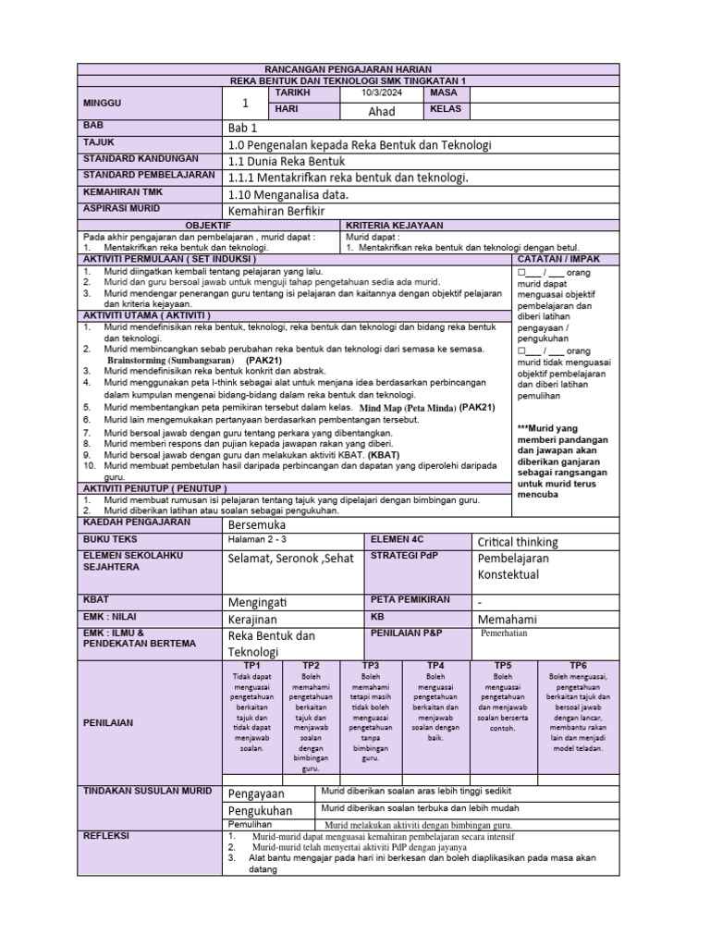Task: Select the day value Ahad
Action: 381,111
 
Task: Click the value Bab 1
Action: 243,128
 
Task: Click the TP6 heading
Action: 578,666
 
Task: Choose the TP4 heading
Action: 436,666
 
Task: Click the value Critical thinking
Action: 518,542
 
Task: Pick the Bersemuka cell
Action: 257,524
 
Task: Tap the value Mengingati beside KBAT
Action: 259,601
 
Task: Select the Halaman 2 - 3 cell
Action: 258,538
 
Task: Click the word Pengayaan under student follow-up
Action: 257,793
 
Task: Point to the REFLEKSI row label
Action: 105,836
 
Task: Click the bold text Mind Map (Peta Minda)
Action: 407,407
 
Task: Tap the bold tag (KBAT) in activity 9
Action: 384,455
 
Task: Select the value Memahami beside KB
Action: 508,620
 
